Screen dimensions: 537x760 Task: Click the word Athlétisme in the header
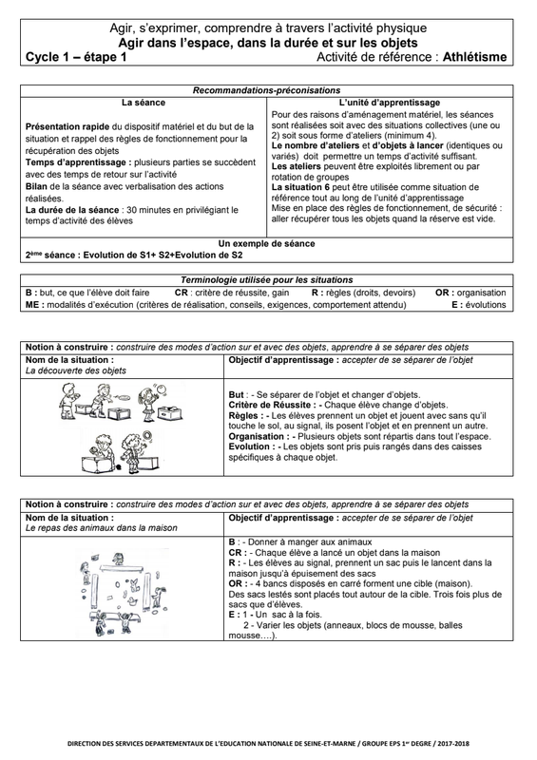click(475, 57)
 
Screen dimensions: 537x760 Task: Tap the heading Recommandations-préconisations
click(266, 90)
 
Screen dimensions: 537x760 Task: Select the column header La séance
click(144, 103)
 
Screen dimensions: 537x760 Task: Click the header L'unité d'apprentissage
click(390, 103)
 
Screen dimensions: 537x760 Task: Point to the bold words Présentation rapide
click(67, 127)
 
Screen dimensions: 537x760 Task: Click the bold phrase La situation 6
click(297, 187)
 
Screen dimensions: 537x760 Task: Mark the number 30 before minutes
click(131, 210)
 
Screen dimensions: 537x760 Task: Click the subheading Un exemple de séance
click(266, 244)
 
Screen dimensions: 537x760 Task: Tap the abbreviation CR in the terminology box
click(182, 293)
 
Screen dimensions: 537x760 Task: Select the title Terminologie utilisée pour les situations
click(266, 280)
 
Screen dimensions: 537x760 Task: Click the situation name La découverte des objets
click(76, 370)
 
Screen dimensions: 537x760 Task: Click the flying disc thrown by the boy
click(124, 398)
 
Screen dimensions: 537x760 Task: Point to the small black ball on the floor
click(120, 466)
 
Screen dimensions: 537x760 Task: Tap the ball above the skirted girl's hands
click(158, 388)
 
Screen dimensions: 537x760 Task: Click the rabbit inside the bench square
click(135, 580)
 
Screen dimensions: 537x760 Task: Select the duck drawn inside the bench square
click(156, 593)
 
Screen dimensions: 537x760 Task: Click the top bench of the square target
click(122, 567)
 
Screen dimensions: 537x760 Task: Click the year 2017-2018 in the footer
click(454, 744)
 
